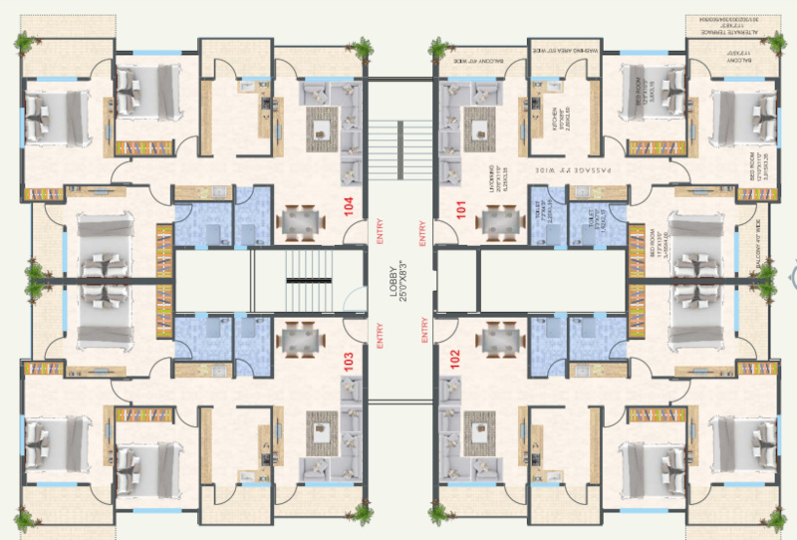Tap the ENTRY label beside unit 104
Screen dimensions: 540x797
pyautogui.click(x=379, y=236)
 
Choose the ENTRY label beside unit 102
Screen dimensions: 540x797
pyautogui.click(x=424, y=332)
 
